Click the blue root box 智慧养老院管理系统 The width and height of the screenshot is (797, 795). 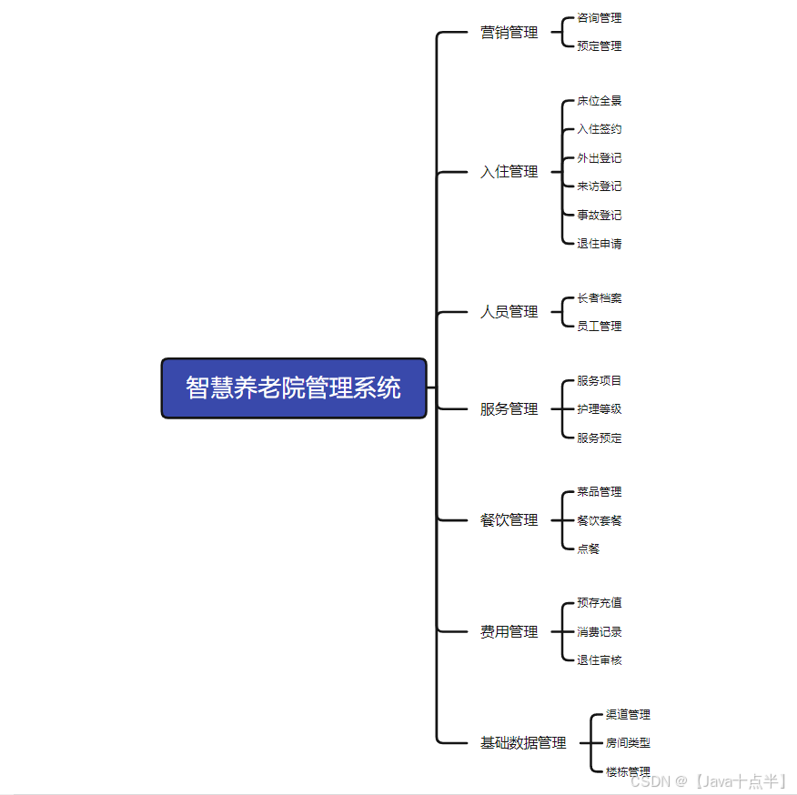coord(293,388)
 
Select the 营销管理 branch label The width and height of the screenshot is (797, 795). coord(509,33)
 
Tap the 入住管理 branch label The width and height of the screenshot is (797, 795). coord(509,172)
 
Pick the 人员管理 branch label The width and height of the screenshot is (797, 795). coord(509,312)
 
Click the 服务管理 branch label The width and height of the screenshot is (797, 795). coord(509,409)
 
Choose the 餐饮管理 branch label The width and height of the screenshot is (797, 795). coord(509,520)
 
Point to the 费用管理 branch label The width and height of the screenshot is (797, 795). coord(509,632)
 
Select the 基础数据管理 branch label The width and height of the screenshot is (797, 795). coord(523,743)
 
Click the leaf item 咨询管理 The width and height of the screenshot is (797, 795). coord(599,18)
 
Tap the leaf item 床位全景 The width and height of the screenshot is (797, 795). coord(599,101)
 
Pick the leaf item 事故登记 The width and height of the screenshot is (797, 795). coord(599,216)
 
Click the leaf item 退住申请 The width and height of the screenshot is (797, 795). coord(599,244)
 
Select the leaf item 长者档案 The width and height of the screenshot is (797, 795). coord(599,298)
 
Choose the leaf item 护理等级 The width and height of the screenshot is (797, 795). coord(599,409)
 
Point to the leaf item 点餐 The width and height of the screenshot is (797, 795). coord(588,549)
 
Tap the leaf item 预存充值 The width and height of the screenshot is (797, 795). coord(599,603)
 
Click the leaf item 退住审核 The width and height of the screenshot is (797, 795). coord(599,660)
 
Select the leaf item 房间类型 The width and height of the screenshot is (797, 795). coord(628,743)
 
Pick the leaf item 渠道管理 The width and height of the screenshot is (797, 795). coord(628,715)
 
